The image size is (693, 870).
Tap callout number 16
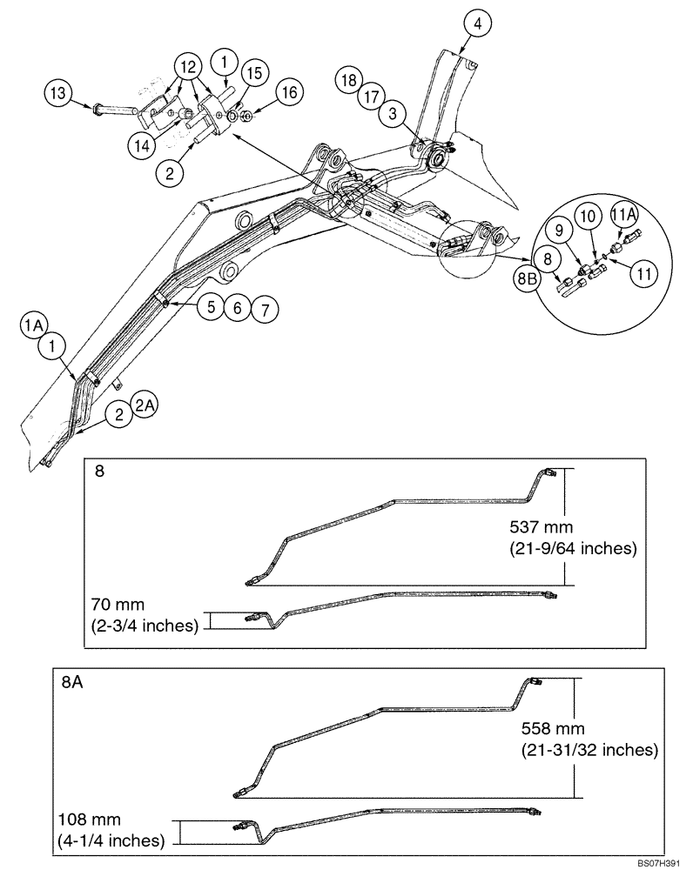289,91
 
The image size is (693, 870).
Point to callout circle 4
477,23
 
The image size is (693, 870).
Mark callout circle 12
185,66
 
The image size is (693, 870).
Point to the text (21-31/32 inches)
589,749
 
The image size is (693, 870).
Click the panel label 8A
72,683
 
